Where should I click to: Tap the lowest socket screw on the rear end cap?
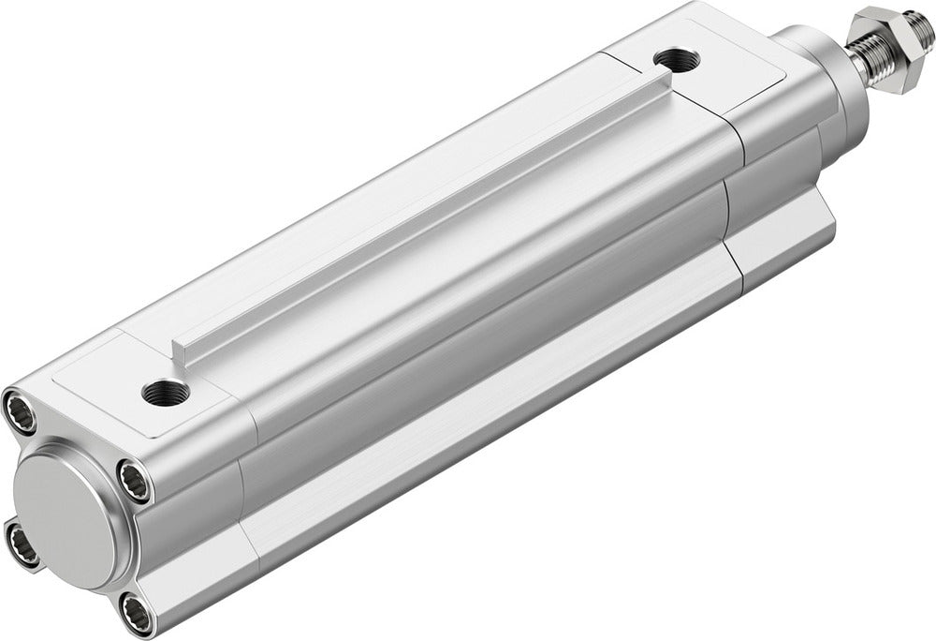(139, 615)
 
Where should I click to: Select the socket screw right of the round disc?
(134, 481)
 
